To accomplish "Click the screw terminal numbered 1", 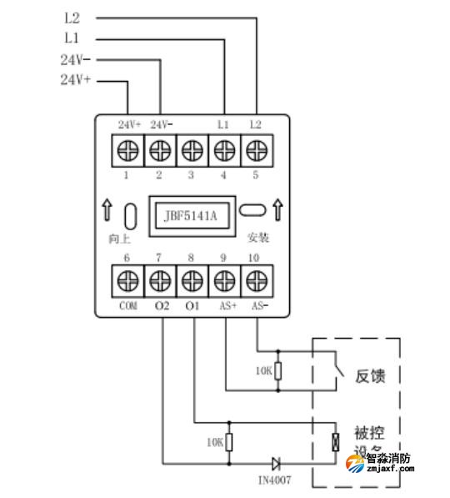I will click(x=127, y=152).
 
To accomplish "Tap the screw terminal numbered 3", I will click(x=192, y=152).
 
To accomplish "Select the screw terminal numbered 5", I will click(x=255, y=152).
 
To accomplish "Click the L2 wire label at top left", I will click(x=73, y=17).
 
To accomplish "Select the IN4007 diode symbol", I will click(x=275, y=461).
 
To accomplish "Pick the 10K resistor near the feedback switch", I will click(x=278, y=370).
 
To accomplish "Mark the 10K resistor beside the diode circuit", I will click(x=230, y=442).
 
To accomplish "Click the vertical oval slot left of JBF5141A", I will click(x=129, y=215).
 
